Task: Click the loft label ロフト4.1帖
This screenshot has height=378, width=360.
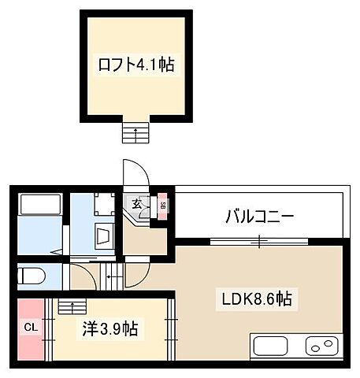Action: (x=135, y=66)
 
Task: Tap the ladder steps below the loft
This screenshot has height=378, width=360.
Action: (x=135, y=132)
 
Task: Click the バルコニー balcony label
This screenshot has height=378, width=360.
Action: (x=259, y=216)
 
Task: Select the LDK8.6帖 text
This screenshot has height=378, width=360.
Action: (x=256, y=298)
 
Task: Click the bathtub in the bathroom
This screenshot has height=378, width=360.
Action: (x=41, y=205)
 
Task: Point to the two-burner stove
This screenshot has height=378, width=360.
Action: (x=321, y=345)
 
